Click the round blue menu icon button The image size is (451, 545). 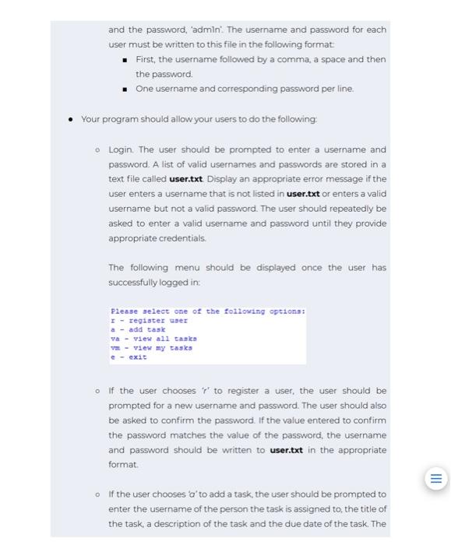coord(435,477)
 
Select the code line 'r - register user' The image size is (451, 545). coord(149,320)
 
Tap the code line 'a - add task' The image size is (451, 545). coord(137,329)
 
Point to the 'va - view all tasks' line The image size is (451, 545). coord(153,339)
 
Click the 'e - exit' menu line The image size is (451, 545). coord(129,357)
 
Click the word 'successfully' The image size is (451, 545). coord(136,283)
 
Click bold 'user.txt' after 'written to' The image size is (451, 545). coord(290,450)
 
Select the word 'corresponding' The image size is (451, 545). coord(265,89)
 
